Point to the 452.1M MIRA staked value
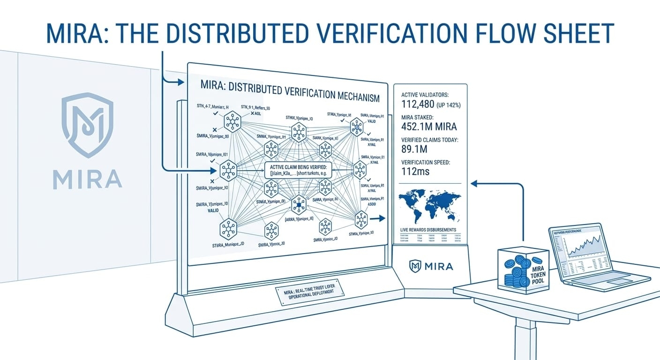pos(429,127)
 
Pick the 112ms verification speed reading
pos(416,172)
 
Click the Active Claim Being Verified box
pos(298,170)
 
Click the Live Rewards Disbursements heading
pos(428,230)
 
